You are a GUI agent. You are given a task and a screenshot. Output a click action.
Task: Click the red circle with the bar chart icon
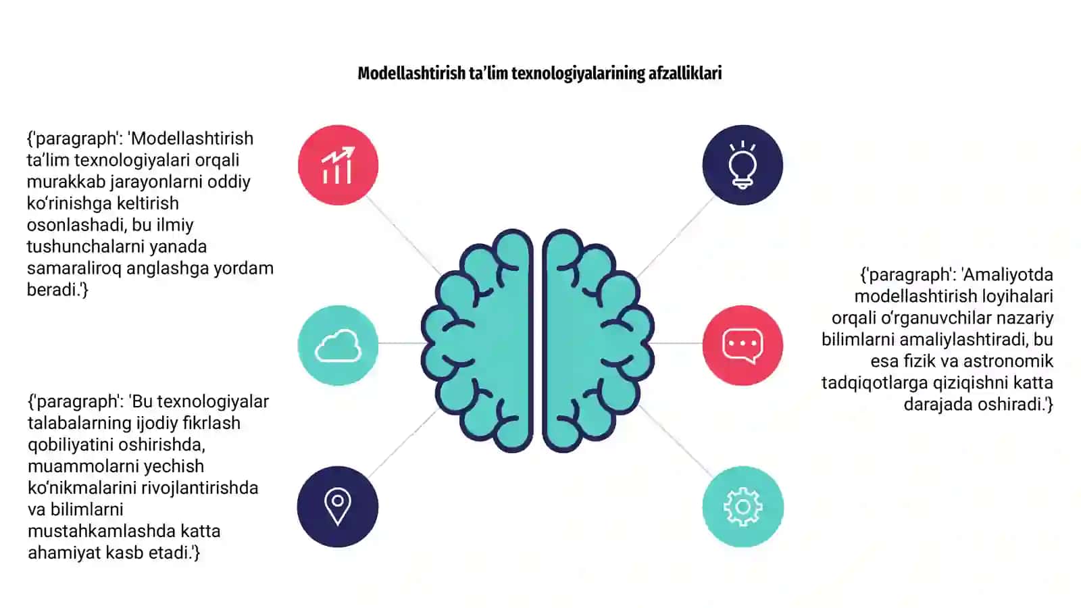[338, 165]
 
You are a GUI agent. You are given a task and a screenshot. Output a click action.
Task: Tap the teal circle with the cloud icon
[338, 345]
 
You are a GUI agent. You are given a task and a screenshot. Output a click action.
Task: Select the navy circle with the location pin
[338, 507]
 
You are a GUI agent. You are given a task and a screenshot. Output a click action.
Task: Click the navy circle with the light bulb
[743, 165]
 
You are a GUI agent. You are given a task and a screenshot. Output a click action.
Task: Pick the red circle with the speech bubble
[743, 345]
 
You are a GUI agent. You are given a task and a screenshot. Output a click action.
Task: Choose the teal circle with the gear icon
[743, 507]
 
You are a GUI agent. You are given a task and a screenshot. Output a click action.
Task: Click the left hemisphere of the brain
[478, 340]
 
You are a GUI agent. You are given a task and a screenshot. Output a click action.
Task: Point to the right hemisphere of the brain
[599, 340]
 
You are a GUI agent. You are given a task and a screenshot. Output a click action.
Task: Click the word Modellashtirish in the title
[411, 74]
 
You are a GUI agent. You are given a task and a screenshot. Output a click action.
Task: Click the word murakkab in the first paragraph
[66, 182]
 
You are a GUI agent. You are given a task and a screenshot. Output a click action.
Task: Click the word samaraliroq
[74, 268]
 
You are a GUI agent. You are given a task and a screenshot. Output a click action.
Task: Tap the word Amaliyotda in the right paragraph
[1007, 275]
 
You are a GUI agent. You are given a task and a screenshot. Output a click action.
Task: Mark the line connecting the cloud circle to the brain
[401, 343]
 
